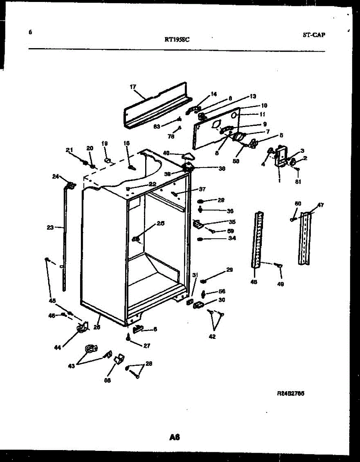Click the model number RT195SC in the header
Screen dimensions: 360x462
(177, 38)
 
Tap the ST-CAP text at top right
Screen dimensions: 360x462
(313, 35)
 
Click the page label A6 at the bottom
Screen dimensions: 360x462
(174, 437)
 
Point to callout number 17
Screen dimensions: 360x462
(133, 87)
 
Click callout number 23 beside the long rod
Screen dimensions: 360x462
(50, 228)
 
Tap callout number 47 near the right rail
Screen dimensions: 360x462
(320, 205)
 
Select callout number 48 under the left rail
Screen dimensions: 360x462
(254, 282)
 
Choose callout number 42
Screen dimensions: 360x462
(212, 336)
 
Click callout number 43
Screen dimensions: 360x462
(71, 366)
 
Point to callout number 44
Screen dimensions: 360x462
(57, 348)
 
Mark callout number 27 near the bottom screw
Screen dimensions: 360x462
(147, 346)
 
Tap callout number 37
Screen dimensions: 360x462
(202, 189)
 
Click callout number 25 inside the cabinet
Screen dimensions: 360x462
(160, 223)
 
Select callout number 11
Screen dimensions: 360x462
(262, 114)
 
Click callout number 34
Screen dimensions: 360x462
(232, 238)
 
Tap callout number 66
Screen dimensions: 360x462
(107, 380)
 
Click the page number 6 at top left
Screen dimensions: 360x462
(30, 32)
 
